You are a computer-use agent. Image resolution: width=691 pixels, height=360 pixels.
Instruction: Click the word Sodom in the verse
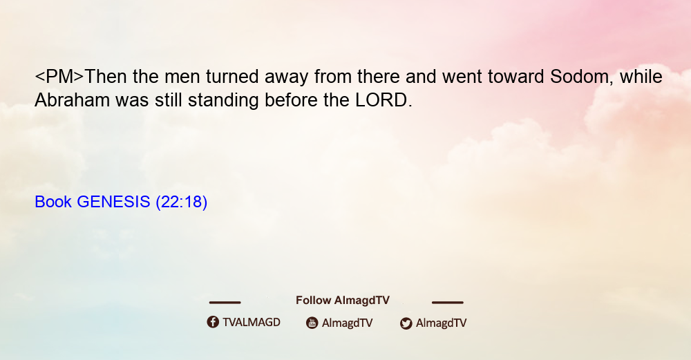pos(579,77)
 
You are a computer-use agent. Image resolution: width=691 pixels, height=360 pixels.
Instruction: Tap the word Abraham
pos(73,100)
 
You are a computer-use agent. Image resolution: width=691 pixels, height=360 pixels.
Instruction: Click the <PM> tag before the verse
pos(59,77)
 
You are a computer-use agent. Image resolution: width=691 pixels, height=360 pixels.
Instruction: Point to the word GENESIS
pos(114,202)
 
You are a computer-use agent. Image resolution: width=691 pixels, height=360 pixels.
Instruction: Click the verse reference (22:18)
pos(182,202)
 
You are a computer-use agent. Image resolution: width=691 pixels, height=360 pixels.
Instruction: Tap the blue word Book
pos(53,202)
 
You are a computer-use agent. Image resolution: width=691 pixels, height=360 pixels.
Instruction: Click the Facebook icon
pos(213,322)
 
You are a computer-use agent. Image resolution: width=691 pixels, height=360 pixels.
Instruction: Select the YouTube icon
pos(312,323)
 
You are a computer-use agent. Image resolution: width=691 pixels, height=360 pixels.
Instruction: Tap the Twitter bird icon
pos(406,323)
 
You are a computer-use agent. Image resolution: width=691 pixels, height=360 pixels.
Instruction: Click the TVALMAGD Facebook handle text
pos(252,322)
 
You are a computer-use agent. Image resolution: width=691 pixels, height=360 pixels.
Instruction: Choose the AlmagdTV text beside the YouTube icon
pos(348,323)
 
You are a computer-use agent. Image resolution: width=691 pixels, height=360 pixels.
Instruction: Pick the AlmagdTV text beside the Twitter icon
pos(441,323)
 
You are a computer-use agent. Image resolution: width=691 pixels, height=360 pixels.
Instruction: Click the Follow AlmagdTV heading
pos(343,300)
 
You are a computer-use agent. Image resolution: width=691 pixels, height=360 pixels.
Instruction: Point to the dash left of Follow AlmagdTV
pos(225,303)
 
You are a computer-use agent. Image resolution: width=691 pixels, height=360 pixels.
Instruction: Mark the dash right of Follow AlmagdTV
pos(448,303)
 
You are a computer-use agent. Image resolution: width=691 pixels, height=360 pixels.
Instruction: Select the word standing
pos(223,101)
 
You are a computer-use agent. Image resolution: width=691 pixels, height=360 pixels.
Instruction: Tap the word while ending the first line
pos(641,77)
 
